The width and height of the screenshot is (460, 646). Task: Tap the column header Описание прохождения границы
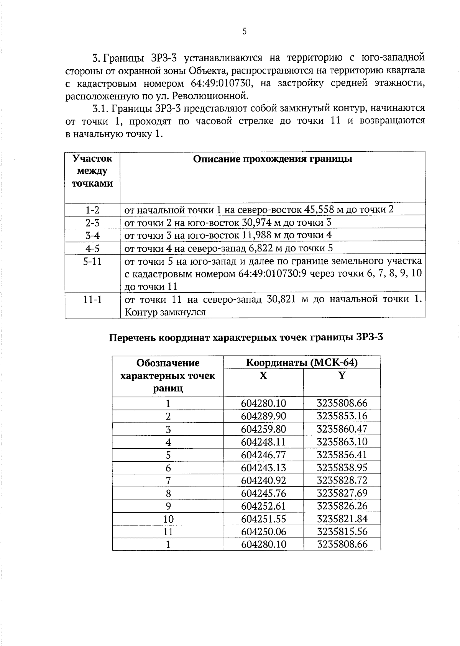pyautogui.click(x=273, y=159)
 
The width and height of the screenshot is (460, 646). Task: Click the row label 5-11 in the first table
pyautogui.click(x=92, y=262)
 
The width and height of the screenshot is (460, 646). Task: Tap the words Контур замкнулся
pyautogui.click(x=165, y=312)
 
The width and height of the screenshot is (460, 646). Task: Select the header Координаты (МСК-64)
pyautogui.click(x=302, y=362)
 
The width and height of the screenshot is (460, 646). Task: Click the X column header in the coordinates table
pyautogui.click(x=263, y=376)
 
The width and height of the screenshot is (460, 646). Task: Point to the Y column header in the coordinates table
pyautogui.click(x=342, y=376)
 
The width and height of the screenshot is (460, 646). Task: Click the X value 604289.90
pyautogui.click(x=264, y=416)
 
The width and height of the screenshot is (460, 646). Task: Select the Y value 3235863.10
pyautogui.click(x=342, y=442)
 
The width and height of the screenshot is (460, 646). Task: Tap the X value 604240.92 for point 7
pyautogui.click(x=264, y=480)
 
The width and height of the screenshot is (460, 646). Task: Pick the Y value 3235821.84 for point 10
pyautogui.click(x=342, y=519)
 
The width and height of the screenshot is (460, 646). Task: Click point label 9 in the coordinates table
pyautogui.click(x=168, y=506)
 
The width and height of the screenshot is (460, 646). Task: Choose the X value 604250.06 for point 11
pyautogui.click(x=264, y=532)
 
